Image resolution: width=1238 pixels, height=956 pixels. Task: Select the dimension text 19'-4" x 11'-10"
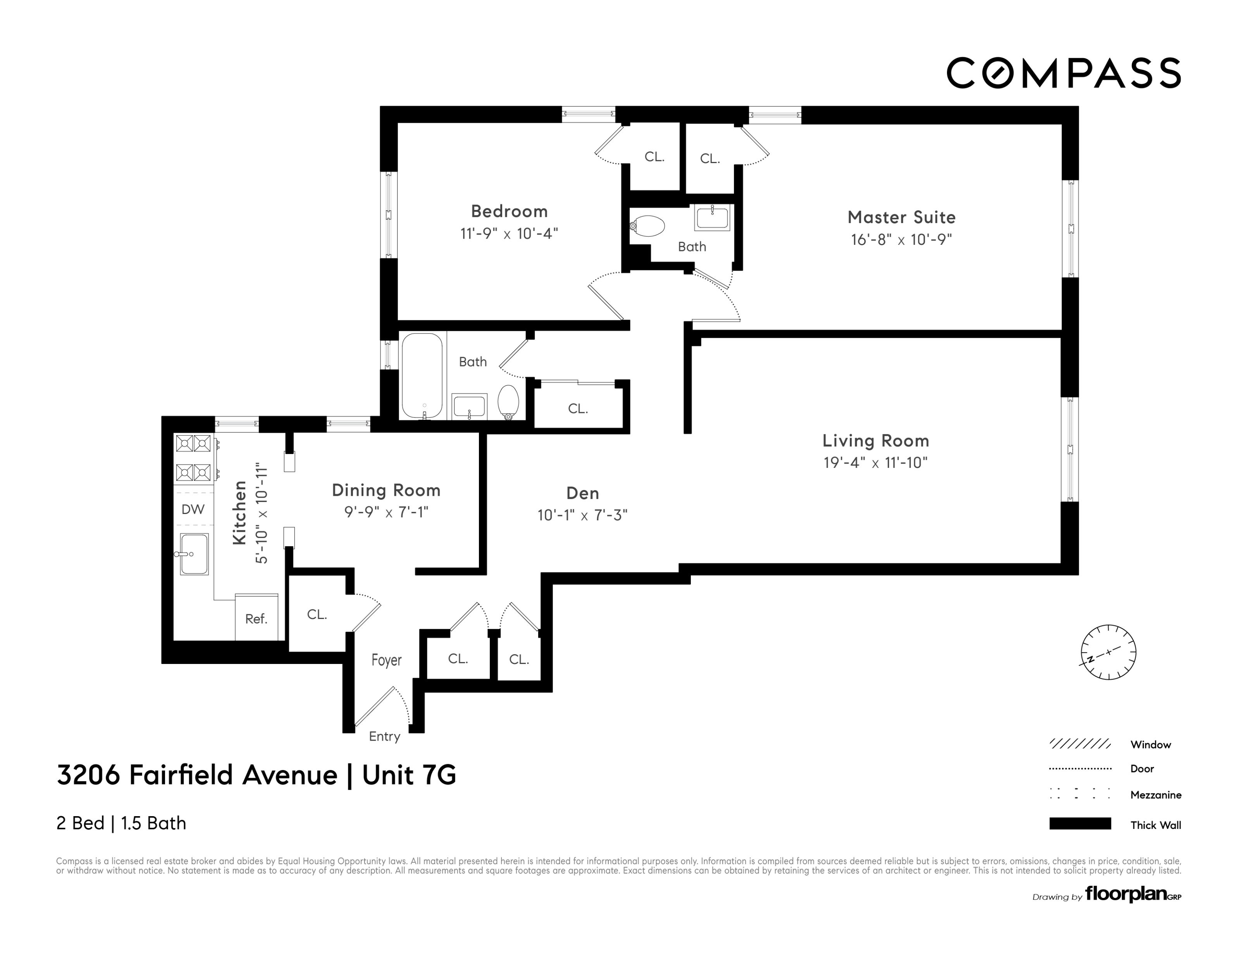tap(875, 463)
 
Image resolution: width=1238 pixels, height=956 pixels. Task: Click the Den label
tap(583, 493)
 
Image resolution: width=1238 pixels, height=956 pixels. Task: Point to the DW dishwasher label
tap(193, 509)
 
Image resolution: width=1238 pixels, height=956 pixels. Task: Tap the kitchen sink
tap(194, 554)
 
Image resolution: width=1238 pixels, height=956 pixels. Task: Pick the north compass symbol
tap(1108, 652)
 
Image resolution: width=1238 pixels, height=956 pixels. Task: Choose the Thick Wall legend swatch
tap(1080, 824)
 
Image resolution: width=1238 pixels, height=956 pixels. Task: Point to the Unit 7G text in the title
tap(409, 775)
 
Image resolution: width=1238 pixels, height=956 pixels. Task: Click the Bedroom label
tap(509, 211)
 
